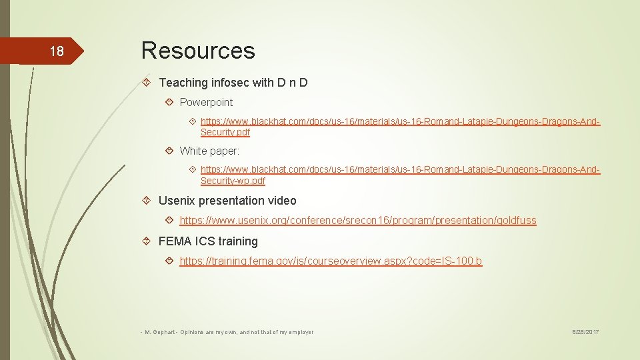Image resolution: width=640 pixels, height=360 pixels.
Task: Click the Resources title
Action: [198, 50]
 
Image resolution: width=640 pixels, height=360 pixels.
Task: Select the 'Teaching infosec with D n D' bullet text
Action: [233, 83]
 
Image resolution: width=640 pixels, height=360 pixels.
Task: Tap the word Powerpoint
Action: [206, 102]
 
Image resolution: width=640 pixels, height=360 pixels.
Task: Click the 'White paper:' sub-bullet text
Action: [209, 151]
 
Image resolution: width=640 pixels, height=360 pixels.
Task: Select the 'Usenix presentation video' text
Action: [227, 201]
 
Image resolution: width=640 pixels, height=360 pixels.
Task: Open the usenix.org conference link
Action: [357, 220]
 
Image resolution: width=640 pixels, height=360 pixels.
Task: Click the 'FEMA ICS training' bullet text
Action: [208, 241]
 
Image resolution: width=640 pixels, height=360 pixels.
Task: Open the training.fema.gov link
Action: [331, 261]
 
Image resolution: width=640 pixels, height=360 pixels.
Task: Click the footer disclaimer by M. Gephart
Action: [227, 331]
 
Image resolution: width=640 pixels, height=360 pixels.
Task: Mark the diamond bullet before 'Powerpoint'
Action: [169, 102]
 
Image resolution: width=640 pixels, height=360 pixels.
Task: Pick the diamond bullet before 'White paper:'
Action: [169, 151]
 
